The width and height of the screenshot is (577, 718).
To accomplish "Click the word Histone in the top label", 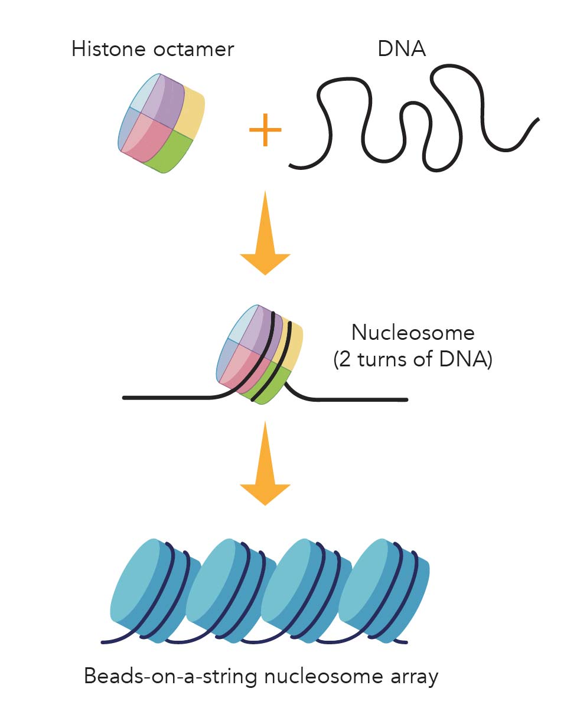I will pyautogui.click(x=109, y=49).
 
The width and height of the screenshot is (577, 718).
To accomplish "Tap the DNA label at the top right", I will pyautogui.click(x=402, y=49).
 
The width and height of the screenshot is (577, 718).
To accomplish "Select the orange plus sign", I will pyautogui.click(x=265, y=129).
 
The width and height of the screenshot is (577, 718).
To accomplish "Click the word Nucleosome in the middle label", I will pyautogui.click(x=412, y=333).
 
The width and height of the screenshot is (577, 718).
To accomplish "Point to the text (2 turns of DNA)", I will pyautogui.click(x=412, y=359).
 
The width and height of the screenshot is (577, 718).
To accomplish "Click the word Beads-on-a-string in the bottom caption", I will pyautogui.click(x=171, y=676).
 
